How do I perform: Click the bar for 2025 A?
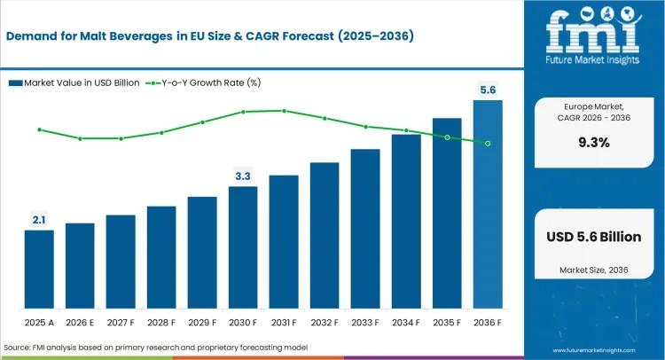pos(38,269)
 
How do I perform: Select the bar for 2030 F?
pos(242,247)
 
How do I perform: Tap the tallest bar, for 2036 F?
pos(488,204)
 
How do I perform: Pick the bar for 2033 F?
pos(365,228)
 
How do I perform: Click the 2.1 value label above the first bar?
pos(38,219)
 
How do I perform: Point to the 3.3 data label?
pos(242,176)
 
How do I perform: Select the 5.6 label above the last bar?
pos(488,89)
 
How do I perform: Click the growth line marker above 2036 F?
pos(488,143)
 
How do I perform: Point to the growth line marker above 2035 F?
pos(447,137)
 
